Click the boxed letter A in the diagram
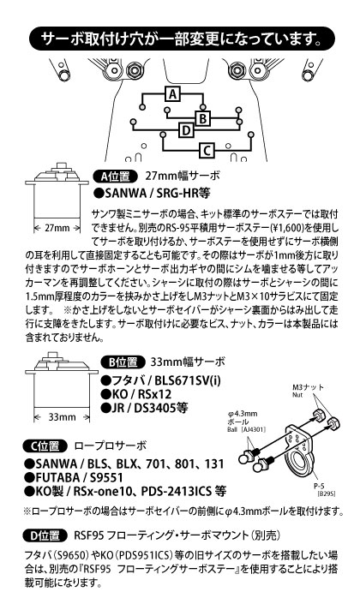click(173, 93)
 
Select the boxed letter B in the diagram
click(202, 118)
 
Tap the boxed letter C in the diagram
click(207, 150)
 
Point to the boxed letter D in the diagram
click(186, 130)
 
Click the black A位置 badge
click(115, 176)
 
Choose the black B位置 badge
click(123, 362)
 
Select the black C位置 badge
click(46, 446)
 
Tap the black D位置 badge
click(46, 535)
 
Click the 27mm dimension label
click(57, 228)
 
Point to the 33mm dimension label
click(63, 417)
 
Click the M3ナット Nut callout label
click(308, 390)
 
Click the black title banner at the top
click(182, 39)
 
